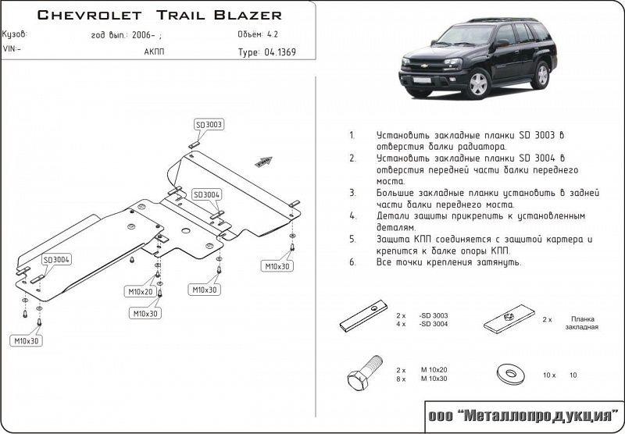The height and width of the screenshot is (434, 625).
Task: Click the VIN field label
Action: tap(12, 48)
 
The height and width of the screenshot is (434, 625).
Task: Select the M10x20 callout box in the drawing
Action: tap(141, 292)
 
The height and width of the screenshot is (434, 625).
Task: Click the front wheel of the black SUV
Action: tap(477, 83)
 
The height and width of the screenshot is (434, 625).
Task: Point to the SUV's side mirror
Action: tap(498, 44)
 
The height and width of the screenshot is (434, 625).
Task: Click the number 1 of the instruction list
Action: tap(352, 135)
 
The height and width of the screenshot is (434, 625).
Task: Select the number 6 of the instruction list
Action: tap(352, 262)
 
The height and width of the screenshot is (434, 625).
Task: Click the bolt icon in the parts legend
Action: tap(362, 375)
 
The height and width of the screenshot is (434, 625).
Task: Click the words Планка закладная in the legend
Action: tap(583, 323)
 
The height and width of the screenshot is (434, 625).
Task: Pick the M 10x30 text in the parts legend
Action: tap(434, 379)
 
